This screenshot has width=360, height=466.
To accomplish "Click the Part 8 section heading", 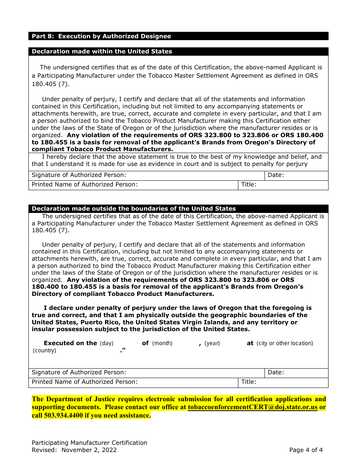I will (101, 36).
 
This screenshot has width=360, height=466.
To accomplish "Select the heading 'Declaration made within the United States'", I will (102, 52).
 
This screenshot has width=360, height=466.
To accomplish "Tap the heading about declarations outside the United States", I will (133, 209).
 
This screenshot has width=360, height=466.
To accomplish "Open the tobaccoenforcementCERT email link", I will (252, 408).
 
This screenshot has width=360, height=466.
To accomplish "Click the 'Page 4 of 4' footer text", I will (306, 450).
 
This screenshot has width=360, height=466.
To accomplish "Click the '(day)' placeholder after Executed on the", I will (106, 343).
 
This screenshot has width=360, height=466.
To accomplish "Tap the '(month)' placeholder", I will (162, 343).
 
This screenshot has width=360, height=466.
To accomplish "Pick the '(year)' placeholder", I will (212, 343).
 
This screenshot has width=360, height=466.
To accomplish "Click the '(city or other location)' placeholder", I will (285, 343).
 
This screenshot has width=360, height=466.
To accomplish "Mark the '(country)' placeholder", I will (44, 350).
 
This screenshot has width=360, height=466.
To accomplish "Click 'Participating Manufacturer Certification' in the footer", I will (89, 443).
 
